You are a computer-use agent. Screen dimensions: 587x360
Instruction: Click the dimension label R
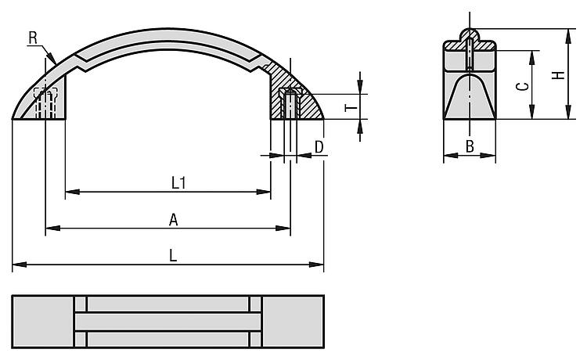33,38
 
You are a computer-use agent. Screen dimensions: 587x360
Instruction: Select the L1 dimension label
178,183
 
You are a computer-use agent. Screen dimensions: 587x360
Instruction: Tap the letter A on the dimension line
173,220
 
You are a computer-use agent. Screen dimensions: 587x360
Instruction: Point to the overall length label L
173,256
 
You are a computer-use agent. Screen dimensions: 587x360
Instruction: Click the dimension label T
351,108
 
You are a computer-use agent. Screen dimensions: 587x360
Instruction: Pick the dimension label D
319,147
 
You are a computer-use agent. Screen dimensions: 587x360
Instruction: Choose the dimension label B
470,146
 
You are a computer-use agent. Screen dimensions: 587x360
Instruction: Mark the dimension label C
522,87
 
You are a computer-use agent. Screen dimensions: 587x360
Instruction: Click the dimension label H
558,75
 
